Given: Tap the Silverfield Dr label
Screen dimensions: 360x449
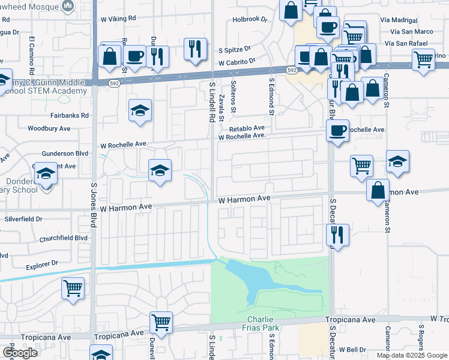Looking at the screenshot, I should tap(23, 220).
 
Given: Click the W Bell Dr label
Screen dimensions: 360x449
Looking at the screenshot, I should tap(352, 349).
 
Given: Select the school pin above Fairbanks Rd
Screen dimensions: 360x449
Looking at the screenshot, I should tap(140, 110).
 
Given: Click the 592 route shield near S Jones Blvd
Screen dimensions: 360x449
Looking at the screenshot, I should tap(114, 85).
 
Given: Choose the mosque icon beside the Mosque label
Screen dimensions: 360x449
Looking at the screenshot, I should tap(68, 6).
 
